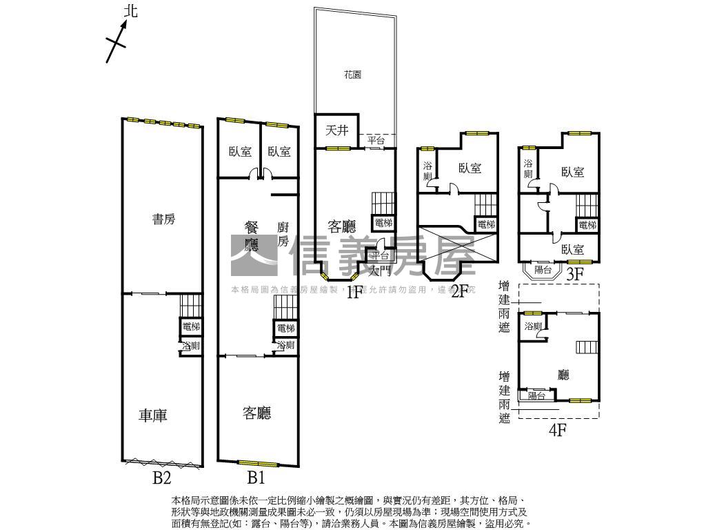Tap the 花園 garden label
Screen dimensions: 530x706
coord(352,75)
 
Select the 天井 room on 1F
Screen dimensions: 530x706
coord(336,130)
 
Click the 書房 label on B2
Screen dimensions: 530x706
coord(163,219)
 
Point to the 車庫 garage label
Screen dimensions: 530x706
coord(153,415)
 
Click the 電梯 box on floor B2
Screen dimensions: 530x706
coord(191,326)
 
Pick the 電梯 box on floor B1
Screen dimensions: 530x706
coord(285,328)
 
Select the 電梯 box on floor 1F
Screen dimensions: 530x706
coord(383,223)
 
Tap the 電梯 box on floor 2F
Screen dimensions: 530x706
coord(485,224)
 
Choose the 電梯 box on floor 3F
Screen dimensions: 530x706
coord(587,225)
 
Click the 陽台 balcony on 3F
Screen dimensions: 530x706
coord(543,270)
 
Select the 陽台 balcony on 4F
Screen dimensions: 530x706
coord(536,396)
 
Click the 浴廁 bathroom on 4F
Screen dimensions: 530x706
coord(532,326)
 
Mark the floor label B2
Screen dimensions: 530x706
coord(161,477)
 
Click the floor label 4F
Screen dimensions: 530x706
coord(557,431)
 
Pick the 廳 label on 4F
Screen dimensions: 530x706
coord(563,375)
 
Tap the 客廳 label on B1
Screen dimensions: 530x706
coord(256,413)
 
